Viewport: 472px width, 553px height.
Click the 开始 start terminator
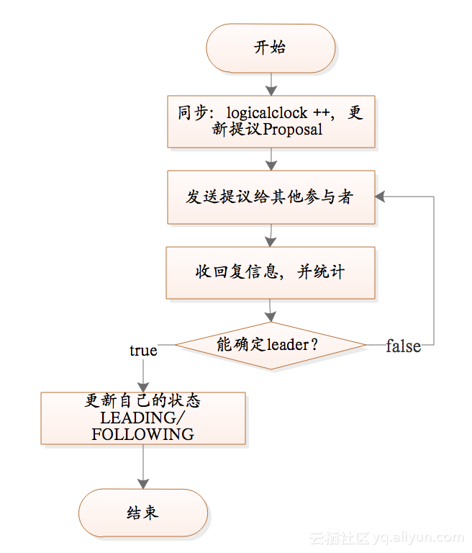[271, 48]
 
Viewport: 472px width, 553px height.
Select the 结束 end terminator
[143, 513]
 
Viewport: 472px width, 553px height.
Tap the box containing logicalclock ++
[271, 122]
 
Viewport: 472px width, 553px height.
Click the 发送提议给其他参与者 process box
[271, 197]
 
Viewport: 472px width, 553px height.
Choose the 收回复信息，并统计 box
[271, 272]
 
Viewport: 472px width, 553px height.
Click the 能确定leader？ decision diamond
[271, 345]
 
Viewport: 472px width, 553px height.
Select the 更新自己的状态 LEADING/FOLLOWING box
[143, 418]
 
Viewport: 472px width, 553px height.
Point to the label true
[143, 351]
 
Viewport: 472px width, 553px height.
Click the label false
[403, 346]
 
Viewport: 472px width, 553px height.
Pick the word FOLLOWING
[143, 434]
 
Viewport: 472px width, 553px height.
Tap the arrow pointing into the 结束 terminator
[143, 476]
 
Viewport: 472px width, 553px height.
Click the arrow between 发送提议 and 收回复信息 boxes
[271, 235]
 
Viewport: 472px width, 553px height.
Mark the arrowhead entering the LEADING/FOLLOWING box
[143, 387]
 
